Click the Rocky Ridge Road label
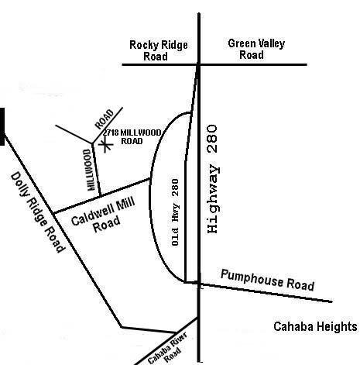tap(159, 50)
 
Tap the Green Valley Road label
tap(256, 49)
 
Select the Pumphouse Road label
tap(267, 281)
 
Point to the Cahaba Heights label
tap(315, 326)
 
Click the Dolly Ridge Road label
tap(37, 212)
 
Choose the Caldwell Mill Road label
tap(103, 215)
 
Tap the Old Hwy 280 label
tap(175, 212)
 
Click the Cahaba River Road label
tap(167, 350)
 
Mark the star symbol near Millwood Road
tap(105, 146)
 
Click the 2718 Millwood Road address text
tap(132, 137)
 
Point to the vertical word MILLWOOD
tap(89, 170)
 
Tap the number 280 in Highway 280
tap(213, 139)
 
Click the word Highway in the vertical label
tap(214, 199)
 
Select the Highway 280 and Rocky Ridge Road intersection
tap(199, 64)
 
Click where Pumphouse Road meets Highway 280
tap(199, 284)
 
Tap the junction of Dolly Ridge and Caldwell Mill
tap(53, 213)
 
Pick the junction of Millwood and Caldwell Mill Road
tap(100, 195)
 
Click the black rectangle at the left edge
tap(2, 126)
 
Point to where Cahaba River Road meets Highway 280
tap(198, 318)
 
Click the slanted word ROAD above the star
tap(105, 119)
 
